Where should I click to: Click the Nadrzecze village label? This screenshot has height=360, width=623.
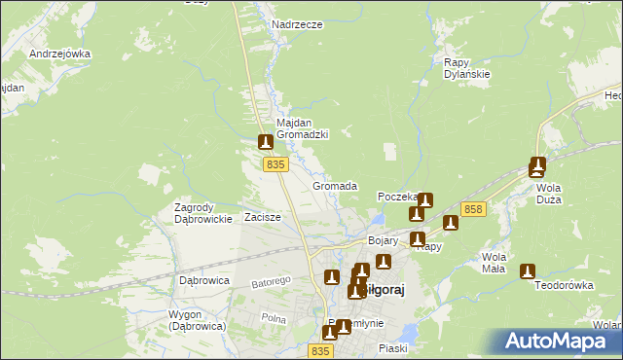(297, 24)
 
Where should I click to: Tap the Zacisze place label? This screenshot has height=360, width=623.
(263, 217)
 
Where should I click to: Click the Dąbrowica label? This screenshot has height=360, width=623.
(203, 280)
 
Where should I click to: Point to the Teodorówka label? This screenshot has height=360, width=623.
(564, 286)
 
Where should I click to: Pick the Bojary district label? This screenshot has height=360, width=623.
(385, 239)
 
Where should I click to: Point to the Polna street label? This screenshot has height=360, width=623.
(274, 318)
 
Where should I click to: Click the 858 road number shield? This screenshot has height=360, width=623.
(474, 209)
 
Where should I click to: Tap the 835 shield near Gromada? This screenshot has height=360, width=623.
(275, 165)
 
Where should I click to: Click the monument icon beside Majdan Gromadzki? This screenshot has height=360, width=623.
(265, 142)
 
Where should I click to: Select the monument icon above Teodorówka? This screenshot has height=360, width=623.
(528, 271)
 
